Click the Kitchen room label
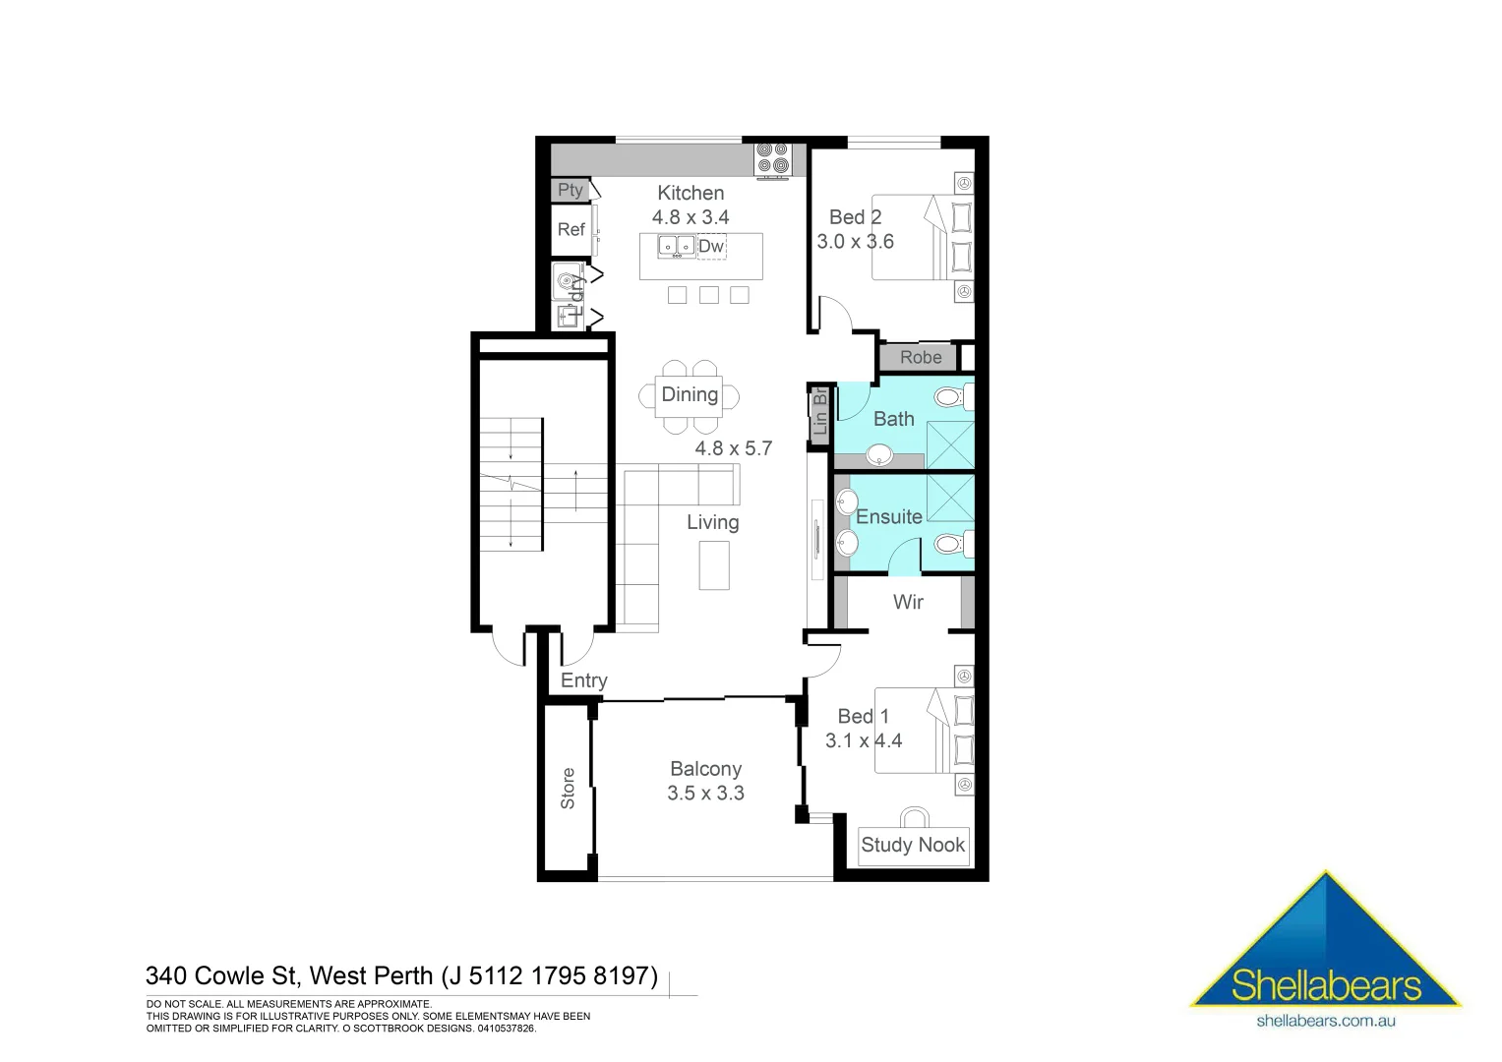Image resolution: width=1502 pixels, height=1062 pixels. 691,194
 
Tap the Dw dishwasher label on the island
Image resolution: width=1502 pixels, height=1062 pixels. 710,247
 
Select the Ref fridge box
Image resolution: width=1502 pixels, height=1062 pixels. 571,230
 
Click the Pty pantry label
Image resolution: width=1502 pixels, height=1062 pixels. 571,190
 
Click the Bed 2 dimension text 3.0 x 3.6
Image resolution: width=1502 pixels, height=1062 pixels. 855,242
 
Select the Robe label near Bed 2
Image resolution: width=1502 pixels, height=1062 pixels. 921,357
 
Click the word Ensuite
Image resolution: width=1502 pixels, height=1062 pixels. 889,517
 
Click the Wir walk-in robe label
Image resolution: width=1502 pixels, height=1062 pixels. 908,602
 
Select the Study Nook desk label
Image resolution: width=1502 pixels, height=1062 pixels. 913,845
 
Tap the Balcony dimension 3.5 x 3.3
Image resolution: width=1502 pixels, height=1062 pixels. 705,794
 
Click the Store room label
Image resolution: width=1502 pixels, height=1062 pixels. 568,789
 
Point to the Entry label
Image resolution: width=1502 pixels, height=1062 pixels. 584,680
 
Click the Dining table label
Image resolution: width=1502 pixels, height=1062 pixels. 690,394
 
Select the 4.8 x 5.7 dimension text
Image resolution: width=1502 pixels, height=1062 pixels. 734,448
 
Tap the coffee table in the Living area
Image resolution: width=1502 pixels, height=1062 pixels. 714,565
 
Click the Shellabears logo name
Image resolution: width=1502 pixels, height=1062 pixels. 1327,986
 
